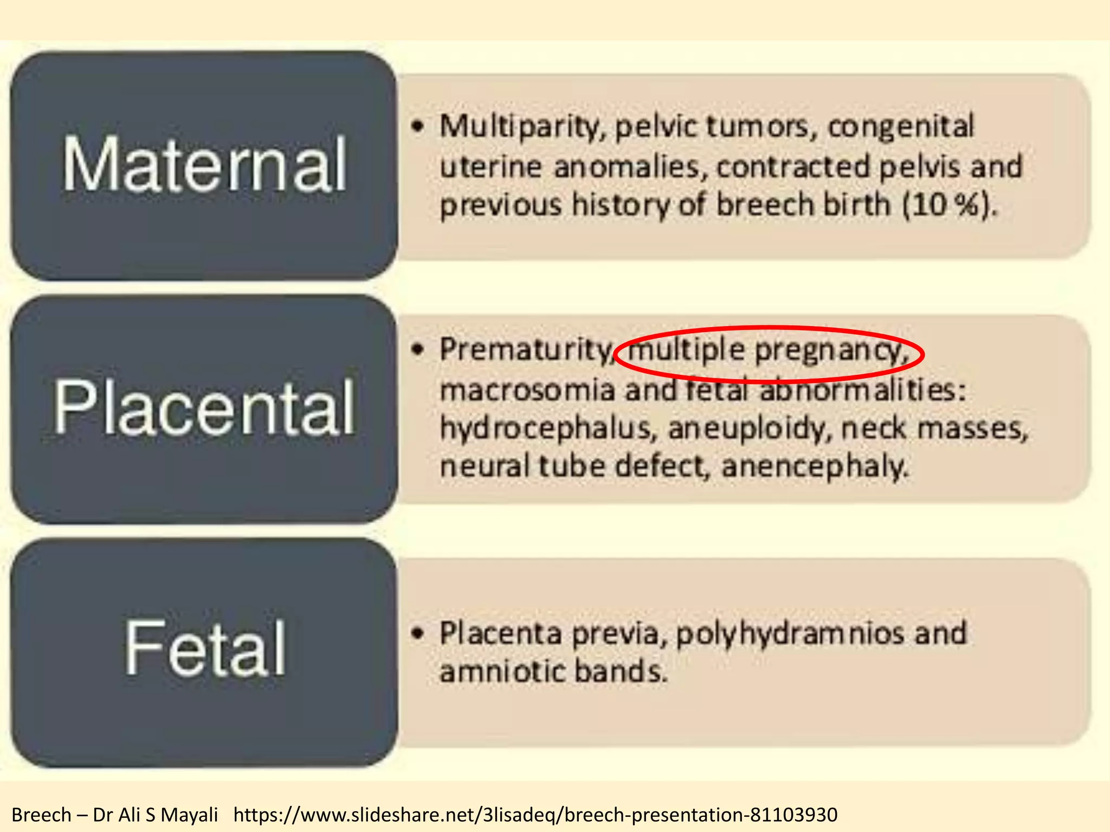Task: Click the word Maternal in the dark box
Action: tap(204, 165)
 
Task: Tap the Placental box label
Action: tap(204, 407)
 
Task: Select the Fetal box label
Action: tap(205, 649)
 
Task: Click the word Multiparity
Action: tap(523, 127)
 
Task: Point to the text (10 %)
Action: tap(948, 206)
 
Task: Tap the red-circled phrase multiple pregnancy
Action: tap(769, 351)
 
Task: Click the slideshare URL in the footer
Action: tap(535, 815)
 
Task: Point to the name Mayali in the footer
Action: tap(189, 815)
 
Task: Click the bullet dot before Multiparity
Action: tap(417, 127)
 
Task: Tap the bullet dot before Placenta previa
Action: tap(417, 633)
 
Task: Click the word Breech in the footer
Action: tap(41, 815)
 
